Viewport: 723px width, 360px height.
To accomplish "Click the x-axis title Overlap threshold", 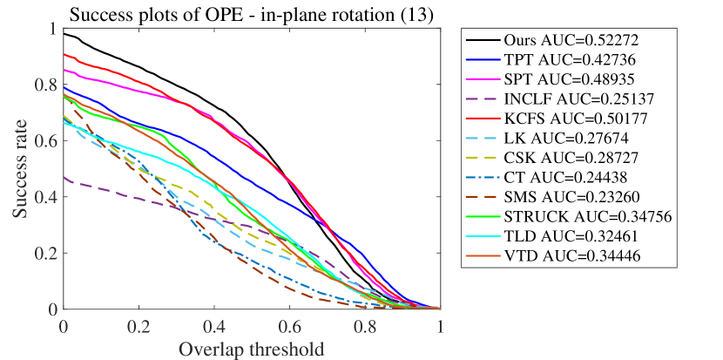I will point(252,349).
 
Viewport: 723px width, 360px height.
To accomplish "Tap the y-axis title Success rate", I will point(18,169).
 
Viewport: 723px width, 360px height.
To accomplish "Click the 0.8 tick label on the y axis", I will point(43,85).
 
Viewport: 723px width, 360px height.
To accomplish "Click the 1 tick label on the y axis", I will point(51,30).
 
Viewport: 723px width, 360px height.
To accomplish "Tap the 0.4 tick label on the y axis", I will point(43,197).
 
